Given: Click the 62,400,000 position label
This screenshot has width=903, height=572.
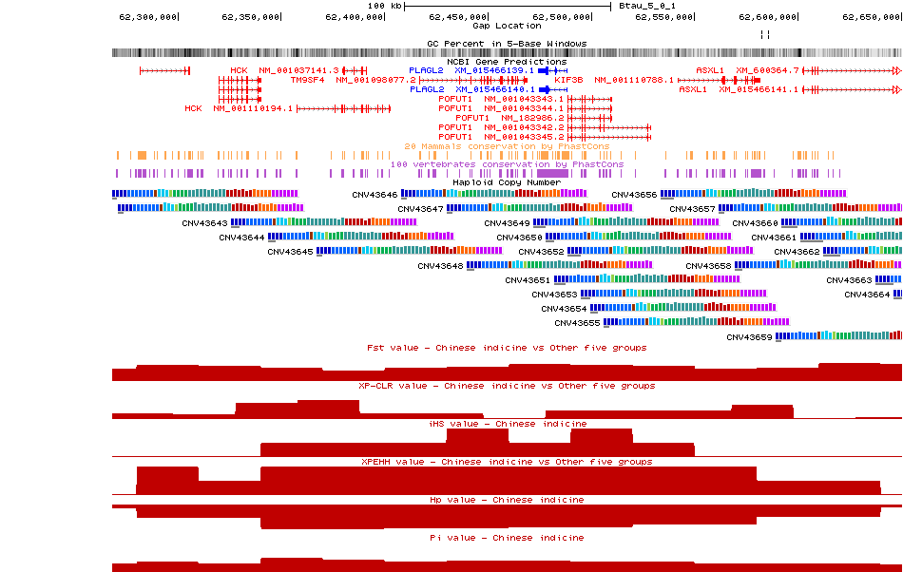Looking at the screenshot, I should (x=354, y=16).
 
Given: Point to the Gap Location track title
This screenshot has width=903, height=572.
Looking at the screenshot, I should (x=507, y=26).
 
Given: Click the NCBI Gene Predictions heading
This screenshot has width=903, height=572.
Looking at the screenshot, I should (x=507, y=62).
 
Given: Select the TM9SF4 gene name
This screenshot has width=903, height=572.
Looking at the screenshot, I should (x=307, y=80).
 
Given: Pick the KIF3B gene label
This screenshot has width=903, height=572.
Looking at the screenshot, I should (x=568, y=80).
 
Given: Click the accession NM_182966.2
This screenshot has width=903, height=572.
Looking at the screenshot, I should (x=532, y=118).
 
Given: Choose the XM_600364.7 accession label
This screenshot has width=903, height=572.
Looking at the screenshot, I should (x=767, y=70).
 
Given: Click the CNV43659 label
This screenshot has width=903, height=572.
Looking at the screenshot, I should (x=749, y=337).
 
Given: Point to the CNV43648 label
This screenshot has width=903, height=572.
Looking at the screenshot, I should (x=440, y=266).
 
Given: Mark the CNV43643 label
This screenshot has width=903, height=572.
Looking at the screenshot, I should (x=204, y=223).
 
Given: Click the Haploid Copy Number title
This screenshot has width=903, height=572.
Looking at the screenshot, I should (x=507, y=182).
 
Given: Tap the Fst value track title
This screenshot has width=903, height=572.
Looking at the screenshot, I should (x=507, y=348).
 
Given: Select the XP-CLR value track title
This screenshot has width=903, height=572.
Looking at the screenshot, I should (x=507, y=386).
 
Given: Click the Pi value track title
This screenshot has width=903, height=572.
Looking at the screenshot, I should (x=507, y=538).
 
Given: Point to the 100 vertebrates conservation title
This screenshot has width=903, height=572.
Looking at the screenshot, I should (x=507, y=164).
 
